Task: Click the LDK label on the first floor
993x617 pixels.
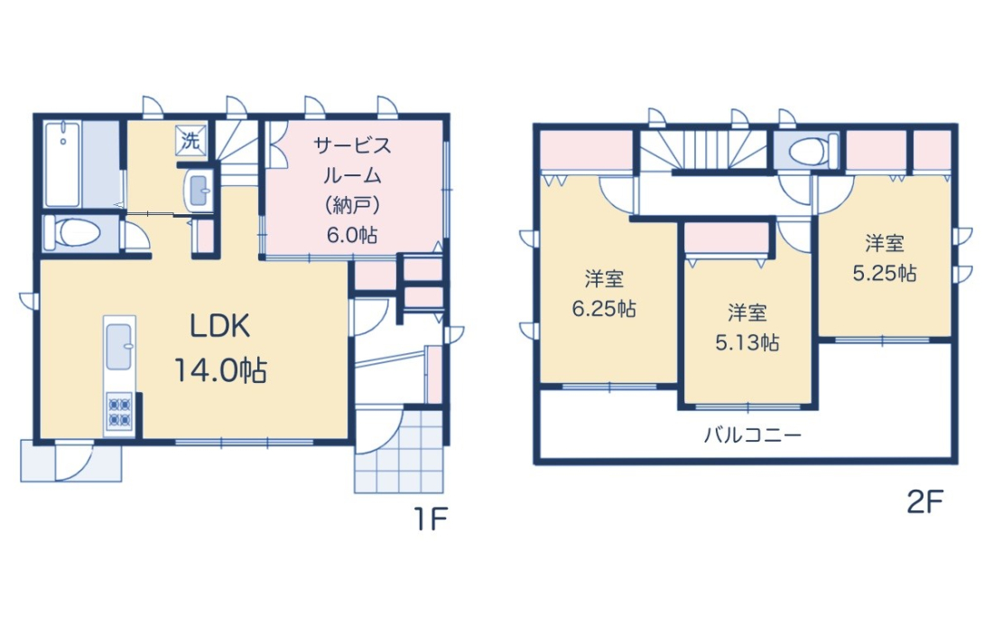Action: (x=220, y=326)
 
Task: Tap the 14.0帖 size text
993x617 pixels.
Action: (x=220, y=370)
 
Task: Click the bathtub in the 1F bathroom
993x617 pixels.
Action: (x=62, y=164)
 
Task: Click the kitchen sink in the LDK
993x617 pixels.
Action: (x=119, y=347)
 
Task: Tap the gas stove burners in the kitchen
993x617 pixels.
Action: (x=119, y=412)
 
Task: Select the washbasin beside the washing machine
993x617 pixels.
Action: (x=200, y=190)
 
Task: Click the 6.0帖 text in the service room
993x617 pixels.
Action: (x=352, y=236)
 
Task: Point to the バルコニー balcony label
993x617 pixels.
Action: (x=752, y=435)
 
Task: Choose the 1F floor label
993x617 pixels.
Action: (x=431, y=520)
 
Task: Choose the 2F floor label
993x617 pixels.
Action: (x=925, y=503)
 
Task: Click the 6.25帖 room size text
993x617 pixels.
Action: (x=604, y=309)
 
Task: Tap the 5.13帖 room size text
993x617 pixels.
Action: (x=747, y=342)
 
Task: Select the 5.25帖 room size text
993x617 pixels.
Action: (x=885, y=273)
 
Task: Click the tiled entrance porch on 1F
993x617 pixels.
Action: (x=399, y=451)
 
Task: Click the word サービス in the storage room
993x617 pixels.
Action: (x=352, y=145)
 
